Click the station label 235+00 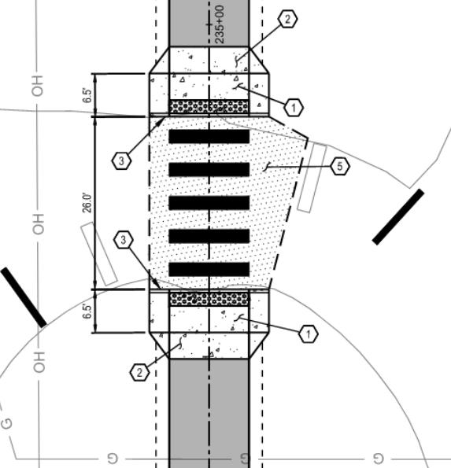click(x=220, y=24)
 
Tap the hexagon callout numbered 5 click(x=340, y=166)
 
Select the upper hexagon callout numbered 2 click(x=287, y=19)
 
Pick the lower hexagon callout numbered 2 click(x=139, y=373)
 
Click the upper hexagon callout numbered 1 click(x=294, y=108)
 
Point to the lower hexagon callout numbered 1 click(x=309, y=334)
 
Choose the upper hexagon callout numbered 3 click(x=121, y=161)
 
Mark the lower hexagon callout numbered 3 click(x=124, y=240)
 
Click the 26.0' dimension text click(x=87, y=203)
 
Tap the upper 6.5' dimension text click(x=87, y=95)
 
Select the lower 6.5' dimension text click(x=87, y=311)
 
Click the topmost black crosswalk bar click(x=209, y=136)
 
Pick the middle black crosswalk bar click(x=209, y=203)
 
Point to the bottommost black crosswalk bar click(x=209, y=269)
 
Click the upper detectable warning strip click(x=209, y=106)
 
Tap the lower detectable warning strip click(x=209, y=299)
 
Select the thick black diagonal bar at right click(x=398, y=216)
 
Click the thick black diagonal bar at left click(x=24, y=297)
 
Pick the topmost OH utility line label click(x=38, y=86)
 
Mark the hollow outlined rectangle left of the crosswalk click(x=99, y=254)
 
